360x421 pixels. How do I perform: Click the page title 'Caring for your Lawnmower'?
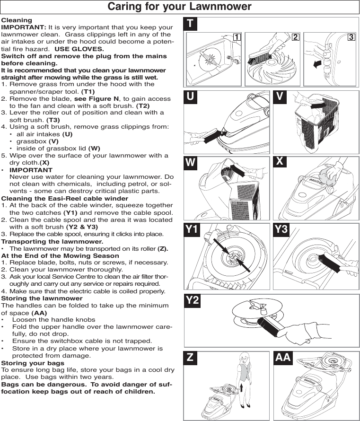(180, 7)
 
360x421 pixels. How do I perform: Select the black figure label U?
(191, 96)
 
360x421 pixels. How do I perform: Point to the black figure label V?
(281, 96)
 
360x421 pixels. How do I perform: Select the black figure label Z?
(190, 358)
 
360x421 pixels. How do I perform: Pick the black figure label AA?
(283, 358)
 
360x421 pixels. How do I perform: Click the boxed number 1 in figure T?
(236, 37)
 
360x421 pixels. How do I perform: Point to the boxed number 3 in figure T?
(351, 37)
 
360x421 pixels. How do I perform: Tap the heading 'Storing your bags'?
(33, 363)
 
